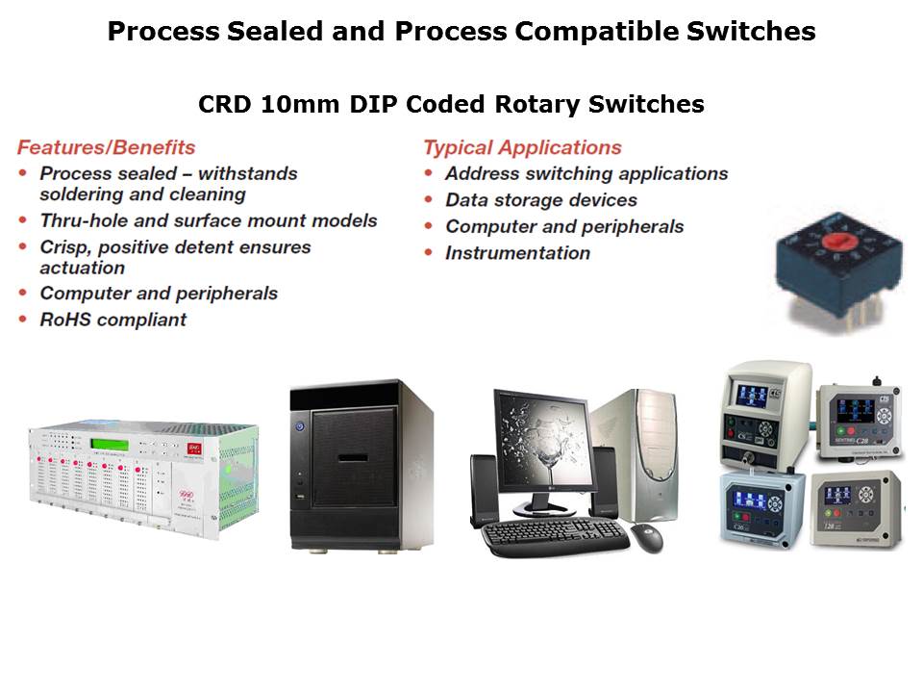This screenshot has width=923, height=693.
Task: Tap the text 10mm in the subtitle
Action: [300, 104]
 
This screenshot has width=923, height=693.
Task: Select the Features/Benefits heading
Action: [106, 147]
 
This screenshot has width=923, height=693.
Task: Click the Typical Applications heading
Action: [522, 147]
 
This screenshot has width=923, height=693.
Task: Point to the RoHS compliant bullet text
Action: [113, 320]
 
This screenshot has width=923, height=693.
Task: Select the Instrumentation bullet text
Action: [517, 253]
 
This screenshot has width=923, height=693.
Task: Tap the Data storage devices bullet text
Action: [541, 200]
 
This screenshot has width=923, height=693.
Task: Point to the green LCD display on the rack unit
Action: [110, 445]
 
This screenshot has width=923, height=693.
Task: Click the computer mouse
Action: [647, 537]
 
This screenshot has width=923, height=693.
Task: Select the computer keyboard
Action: [555, 535]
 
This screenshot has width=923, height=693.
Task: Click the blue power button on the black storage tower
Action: [300, 424]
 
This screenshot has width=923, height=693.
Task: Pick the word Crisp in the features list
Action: [65, 247]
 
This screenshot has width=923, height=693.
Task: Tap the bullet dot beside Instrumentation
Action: [429, 252]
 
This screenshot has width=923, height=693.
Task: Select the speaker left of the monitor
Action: [484, 490]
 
